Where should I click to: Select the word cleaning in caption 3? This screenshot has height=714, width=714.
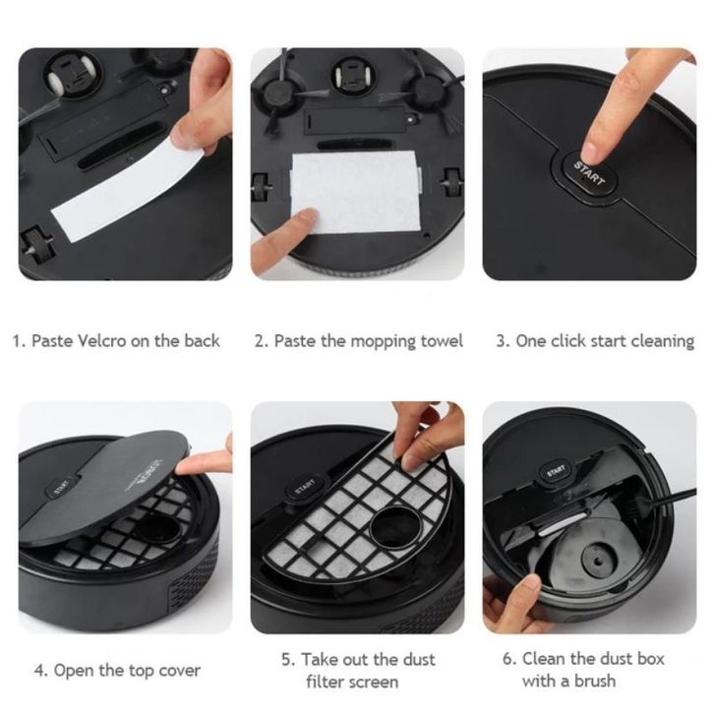tap(662, 340)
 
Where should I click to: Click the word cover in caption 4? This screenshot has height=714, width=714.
tap(178, 671)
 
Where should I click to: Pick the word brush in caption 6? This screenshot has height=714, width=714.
tap(594, 681)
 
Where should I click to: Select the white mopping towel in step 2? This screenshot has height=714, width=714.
tap(356, 191)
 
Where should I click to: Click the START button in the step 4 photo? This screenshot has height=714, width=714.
tap(61, 487)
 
